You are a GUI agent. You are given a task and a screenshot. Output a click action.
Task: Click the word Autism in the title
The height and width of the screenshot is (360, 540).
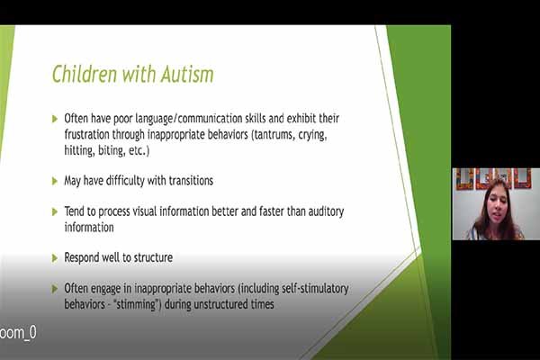click(187, 74)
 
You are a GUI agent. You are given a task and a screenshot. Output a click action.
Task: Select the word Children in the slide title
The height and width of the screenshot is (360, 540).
click(85, 74)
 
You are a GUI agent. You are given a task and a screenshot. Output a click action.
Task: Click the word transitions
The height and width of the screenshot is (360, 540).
click(191, 181)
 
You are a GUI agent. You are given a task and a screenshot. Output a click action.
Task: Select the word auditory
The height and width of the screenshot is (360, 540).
click(326, 211)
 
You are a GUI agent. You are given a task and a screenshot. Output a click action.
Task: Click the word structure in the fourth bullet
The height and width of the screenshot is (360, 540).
click(153, 257)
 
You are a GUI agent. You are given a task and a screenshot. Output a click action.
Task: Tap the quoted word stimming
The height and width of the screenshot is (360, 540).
click(137, 304)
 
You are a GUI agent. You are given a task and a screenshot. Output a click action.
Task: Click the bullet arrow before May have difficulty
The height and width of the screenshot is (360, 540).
click(55, 181)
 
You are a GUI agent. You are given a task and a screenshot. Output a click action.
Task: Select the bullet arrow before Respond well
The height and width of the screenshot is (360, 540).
click(55, 257)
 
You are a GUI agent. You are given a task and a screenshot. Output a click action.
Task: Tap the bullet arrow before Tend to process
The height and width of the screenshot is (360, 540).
click(55, 211)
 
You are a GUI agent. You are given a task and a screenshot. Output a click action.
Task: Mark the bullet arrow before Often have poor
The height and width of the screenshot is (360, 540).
click(55, 119)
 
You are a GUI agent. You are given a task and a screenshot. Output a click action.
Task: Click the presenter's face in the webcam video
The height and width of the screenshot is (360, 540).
click(497, 206)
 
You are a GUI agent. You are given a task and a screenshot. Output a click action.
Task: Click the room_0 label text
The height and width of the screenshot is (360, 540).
click(18, 332)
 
